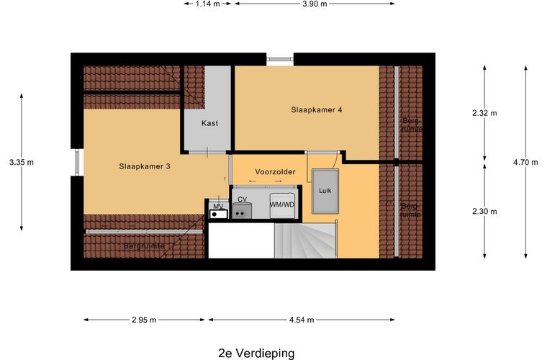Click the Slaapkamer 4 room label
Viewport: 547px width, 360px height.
pos(316,110)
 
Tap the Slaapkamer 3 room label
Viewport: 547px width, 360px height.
pos(145,166)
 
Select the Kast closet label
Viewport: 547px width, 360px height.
pos(209,123)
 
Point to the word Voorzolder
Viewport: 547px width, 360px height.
pos(276,173)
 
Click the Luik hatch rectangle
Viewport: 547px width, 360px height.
pos(325,191)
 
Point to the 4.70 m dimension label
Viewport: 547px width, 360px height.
pos(525,162)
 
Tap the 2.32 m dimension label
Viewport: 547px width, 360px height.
pos(484,113)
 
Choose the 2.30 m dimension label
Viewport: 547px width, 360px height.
pos(484,211)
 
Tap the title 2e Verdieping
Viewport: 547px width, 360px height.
pos(256,353)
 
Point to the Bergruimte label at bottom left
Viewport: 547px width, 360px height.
pos(144,246)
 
